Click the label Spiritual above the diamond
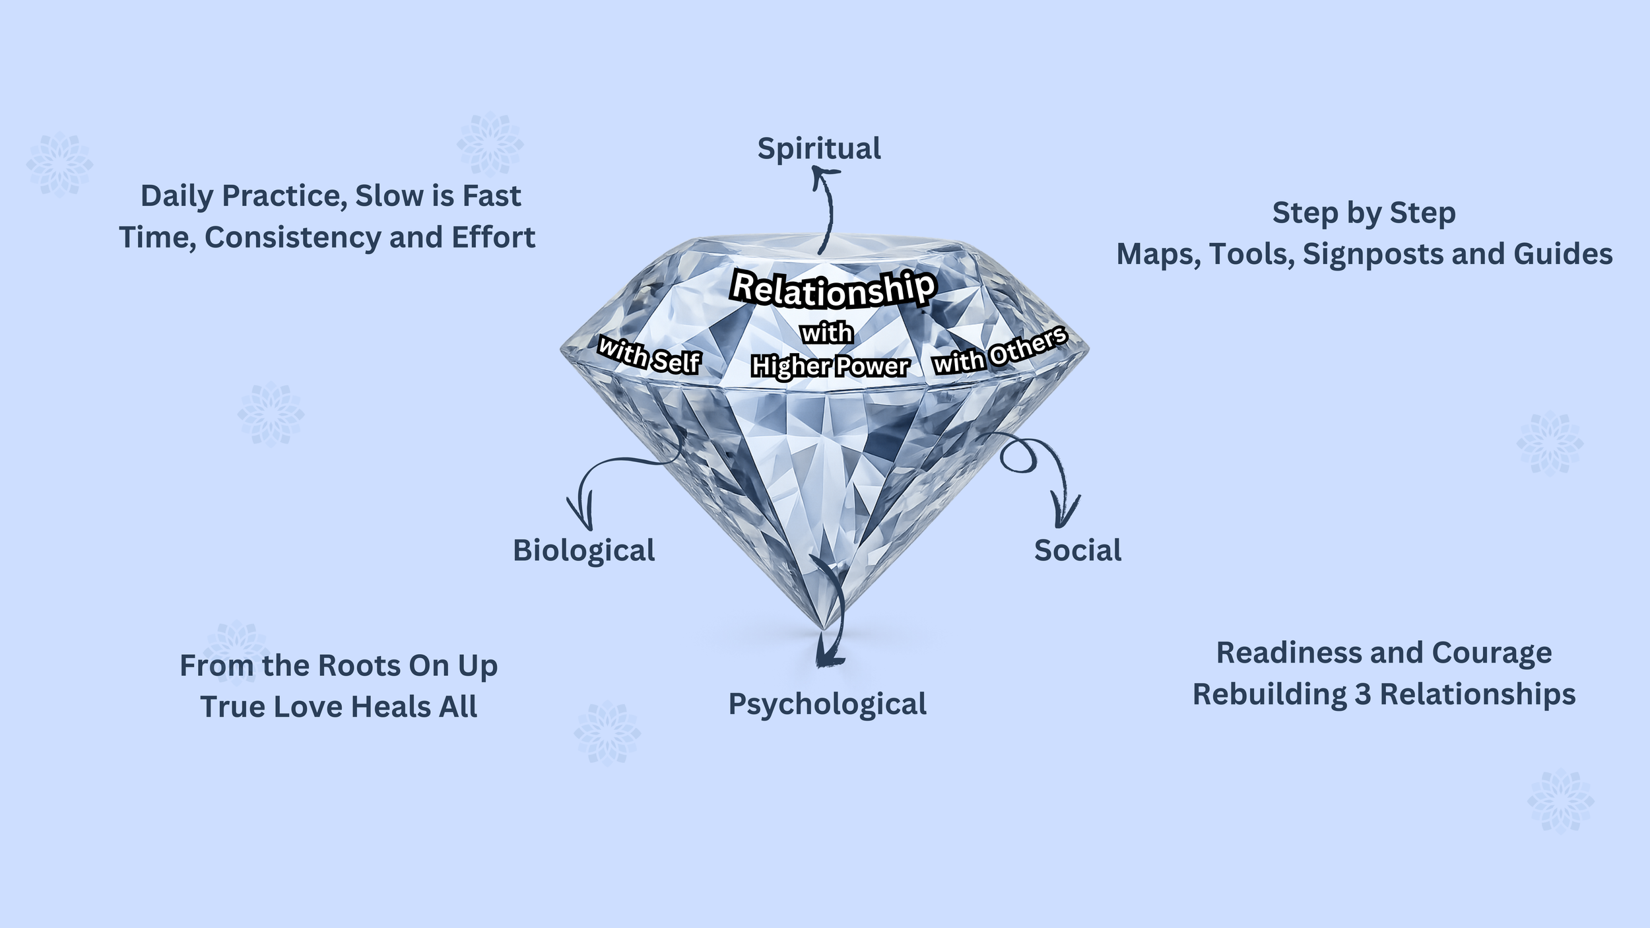click(x=818, y=149)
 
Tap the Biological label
click(x=583, y=550)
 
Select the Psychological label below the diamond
click(x=827, y=704)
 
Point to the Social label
click(x=1077, y=550)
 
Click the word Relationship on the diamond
click(x=833, y=289)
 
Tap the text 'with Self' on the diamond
click(x=648, y=356)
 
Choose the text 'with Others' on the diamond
click(x=999, y=351)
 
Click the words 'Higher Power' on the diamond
click(x=830, y=366)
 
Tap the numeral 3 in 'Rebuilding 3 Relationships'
click(x=1362, y=695)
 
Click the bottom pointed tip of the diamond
click(x=822, y=628)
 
